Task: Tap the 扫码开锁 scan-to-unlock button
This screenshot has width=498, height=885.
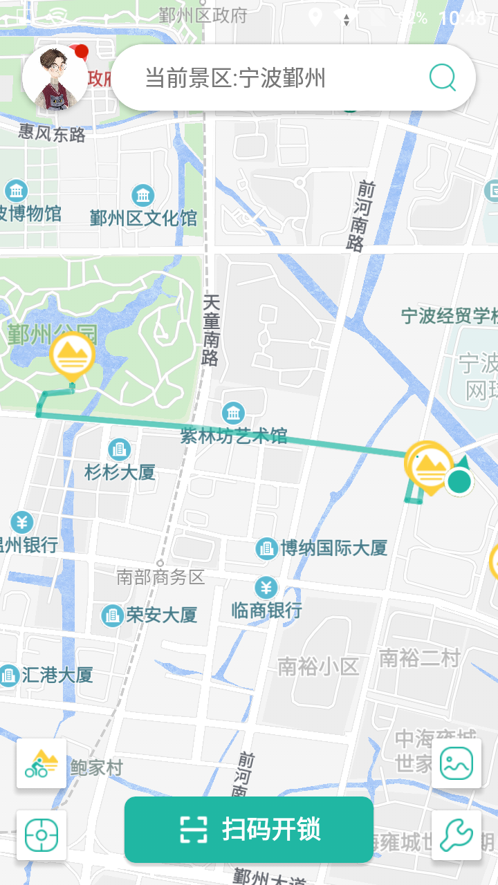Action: tap(249, 829)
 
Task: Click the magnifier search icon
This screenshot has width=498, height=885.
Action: tap(443, 77)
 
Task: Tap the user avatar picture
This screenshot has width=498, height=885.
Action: tap(55, 77)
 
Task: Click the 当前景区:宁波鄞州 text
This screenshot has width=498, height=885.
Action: tap(235, 77)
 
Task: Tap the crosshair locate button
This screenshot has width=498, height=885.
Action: tap(41, 835)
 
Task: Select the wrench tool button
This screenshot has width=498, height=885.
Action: tap(456, 835)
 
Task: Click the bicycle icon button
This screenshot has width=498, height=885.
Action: tap(41, 763)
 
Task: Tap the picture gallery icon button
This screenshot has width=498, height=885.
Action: tap(456, 763)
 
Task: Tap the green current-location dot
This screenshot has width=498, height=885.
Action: tap(458, 481)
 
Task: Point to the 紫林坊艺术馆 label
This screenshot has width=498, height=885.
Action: tap(234, 436)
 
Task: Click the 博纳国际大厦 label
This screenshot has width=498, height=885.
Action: tap(333, 548)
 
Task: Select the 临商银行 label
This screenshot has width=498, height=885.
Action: tap(267, 610)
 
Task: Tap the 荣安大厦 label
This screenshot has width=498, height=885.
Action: tap(161, 615)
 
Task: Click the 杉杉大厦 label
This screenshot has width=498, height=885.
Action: tap(120, 472)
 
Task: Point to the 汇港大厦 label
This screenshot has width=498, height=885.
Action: tap(57, 675)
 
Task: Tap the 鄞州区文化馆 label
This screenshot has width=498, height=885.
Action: tap(144, 218)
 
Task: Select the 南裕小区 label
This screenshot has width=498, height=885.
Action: tap(318, 667)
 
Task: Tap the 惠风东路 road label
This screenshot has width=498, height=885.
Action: tap(52, 133)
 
